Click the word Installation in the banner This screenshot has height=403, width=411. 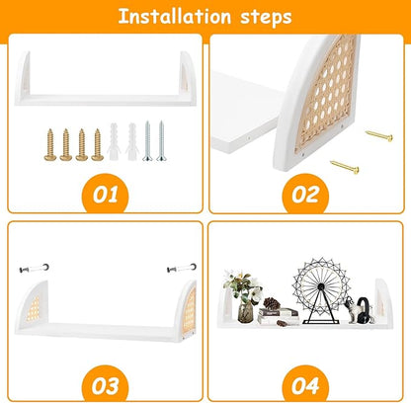[x=174, y=16]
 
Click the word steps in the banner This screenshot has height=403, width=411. [x=266, y=18]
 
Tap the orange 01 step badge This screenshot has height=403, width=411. [x=106, y=195]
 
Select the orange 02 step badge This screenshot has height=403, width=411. [x=305, y=195]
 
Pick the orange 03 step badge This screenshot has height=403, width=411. [x=105, y=385]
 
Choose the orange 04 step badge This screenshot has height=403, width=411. [x=305, y=385]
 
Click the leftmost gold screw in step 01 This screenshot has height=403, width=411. [x=50, y=144]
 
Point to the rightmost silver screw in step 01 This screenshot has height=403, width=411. [x=161, y=141]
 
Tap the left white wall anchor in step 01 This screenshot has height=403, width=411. [x=114, y=141]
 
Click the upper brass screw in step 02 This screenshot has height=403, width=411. [x=379, y=135]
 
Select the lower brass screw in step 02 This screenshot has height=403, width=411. [x=345, y=167]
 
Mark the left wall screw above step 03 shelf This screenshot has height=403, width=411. [x=34, y=268]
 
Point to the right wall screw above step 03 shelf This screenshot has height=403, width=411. [x=182, y=268]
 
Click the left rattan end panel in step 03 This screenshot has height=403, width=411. [x=33, y=308]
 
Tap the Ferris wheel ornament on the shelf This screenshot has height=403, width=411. [x=321, y=290]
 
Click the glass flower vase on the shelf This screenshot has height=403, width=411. [x=245, y=312]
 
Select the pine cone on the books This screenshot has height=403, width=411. [x=272, y=303]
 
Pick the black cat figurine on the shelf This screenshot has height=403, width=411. [x=365, y=310]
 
